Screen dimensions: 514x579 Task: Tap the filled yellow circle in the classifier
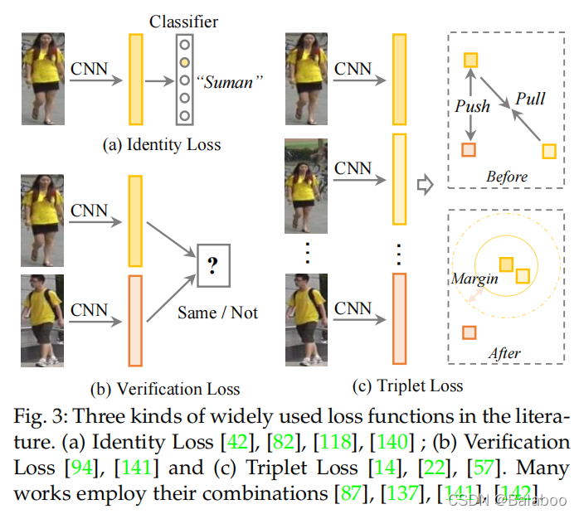[x=185, y=61]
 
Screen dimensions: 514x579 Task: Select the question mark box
[x=212, y=266]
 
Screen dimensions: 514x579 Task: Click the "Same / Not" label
[x=217, y=312]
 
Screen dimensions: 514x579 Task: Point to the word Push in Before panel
[x=472, y=106]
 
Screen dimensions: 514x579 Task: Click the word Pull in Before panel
[x=530, y=99]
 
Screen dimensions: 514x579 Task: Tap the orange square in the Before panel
[x=469, y=149]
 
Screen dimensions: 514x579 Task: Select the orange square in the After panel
[x=469, y=332]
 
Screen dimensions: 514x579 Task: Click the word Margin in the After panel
[x=474, y=279]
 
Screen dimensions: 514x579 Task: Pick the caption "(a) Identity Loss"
[x=162, y=145]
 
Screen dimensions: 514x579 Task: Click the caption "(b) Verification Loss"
[x=165, y=388]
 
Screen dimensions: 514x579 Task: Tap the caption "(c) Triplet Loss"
[x=408, y=385]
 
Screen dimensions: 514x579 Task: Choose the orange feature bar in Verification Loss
[x=136, y=320]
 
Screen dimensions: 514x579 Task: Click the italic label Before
[x=506, y=177]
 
